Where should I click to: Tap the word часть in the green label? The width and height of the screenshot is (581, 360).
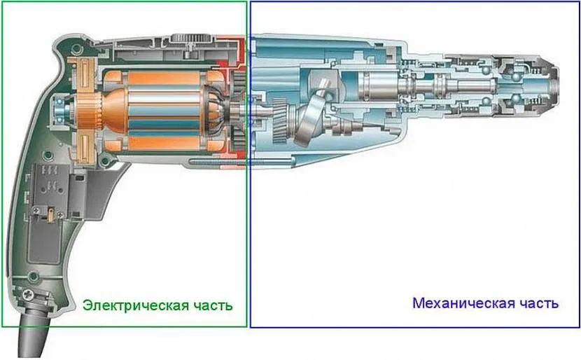(x=212, y=305)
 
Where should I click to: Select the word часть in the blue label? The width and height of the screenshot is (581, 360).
(x=536, y=303)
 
